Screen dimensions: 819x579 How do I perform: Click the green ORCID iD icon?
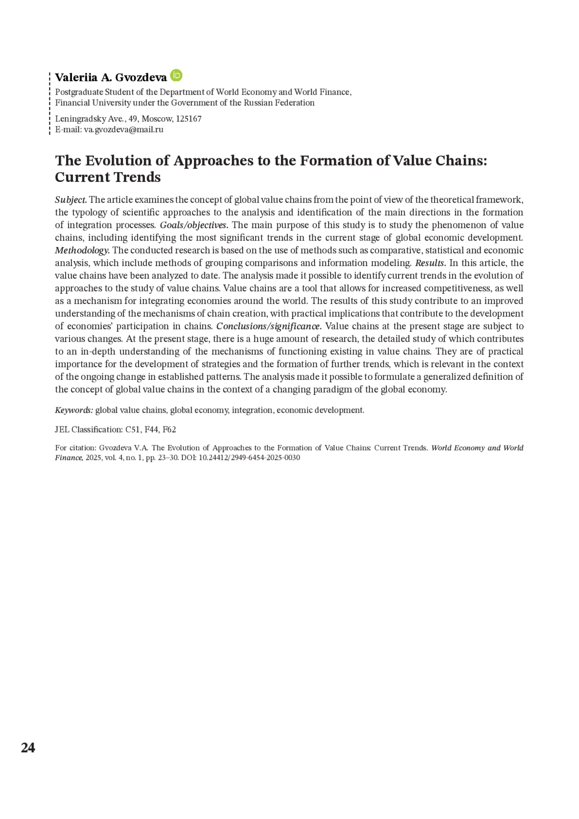(x=177, y=76)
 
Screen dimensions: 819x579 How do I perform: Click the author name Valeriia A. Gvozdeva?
(x=111, y=77)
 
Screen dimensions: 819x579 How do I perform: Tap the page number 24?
(x=28, y=748)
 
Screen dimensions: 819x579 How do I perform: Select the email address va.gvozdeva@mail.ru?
(x=124, y=129)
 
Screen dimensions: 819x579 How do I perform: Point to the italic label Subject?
(x=71, y=200)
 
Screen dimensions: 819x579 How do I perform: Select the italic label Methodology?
(x=83, y=250)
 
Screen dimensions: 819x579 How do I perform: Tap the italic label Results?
(x=430, y=263)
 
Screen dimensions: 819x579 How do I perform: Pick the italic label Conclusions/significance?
(x=269, y=326)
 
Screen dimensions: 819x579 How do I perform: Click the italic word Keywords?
(x=74, y=410)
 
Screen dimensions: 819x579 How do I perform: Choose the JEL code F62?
(x=169, y=430)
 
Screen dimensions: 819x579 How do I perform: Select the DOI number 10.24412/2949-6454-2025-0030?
(x=249, y=458)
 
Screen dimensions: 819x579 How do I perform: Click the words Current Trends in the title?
(x=108, y=177)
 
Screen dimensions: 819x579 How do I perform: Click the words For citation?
(x=76, y=448)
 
